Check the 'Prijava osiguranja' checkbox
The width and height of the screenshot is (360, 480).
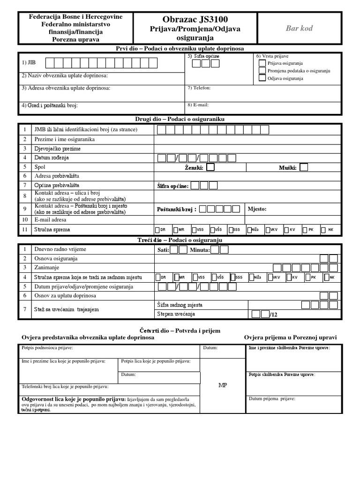tap(262, 63)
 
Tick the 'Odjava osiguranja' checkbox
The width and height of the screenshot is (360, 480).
tap(262, 78)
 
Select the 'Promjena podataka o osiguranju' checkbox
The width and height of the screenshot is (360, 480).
tap(262, 70)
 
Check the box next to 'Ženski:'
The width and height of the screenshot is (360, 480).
tap(210, 167)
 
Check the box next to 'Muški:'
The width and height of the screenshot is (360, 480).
tap(304, 167)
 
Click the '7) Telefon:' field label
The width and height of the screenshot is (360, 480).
tap(199, 88)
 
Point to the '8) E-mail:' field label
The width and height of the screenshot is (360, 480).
tap(198, 105)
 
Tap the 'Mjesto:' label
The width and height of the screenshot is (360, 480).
tap(257, 209)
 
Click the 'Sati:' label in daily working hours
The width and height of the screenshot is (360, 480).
tap(163, 250)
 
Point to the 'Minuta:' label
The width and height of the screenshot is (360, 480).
tap(200, 250)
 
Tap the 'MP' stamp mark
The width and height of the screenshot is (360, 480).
tap(223, 385)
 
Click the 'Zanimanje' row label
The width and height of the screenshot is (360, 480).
tap(46, 268)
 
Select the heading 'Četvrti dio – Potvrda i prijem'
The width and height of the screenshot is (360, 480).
tap(180, 330)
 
